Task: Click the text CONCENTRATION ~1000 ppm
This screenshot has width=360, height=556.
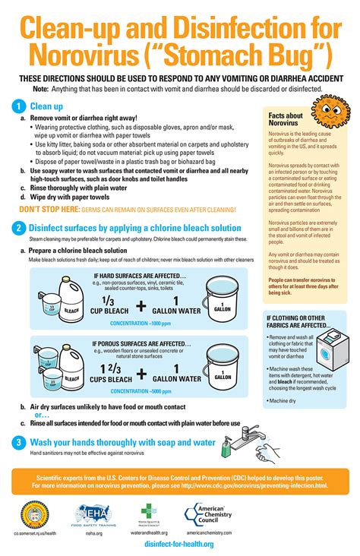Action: coord(141,324)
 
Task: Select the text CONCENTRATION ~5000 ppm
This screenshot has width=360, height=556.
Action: coord(141,392)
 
